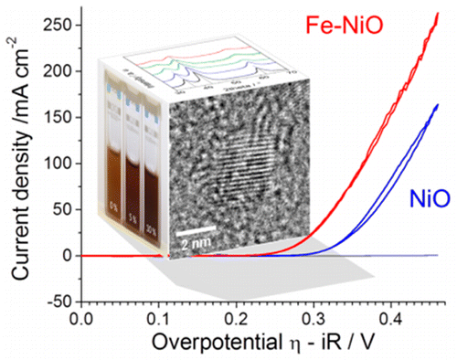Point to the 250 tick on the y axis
click(x=60, y=26)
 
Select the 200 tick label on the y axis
click(x=60, y=71)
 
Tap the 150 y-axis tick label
click(x=60, y=118)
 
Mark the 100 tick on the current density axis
click(x=60, y=164)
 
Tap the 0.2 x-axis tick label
click(x=238, y=319)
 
